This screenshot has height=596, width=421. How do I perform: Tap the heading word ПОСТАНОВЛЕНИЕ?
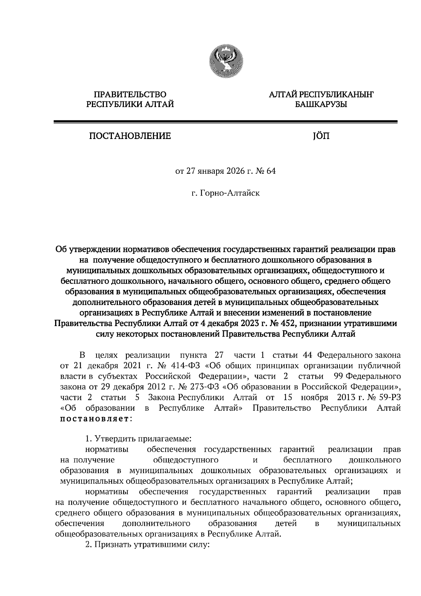tap(130, 136)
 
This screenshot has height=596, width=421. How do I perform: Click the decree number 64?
tap(271, 172)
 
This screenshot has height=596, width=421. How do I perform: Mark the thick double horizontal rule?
tap(225, 122)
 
